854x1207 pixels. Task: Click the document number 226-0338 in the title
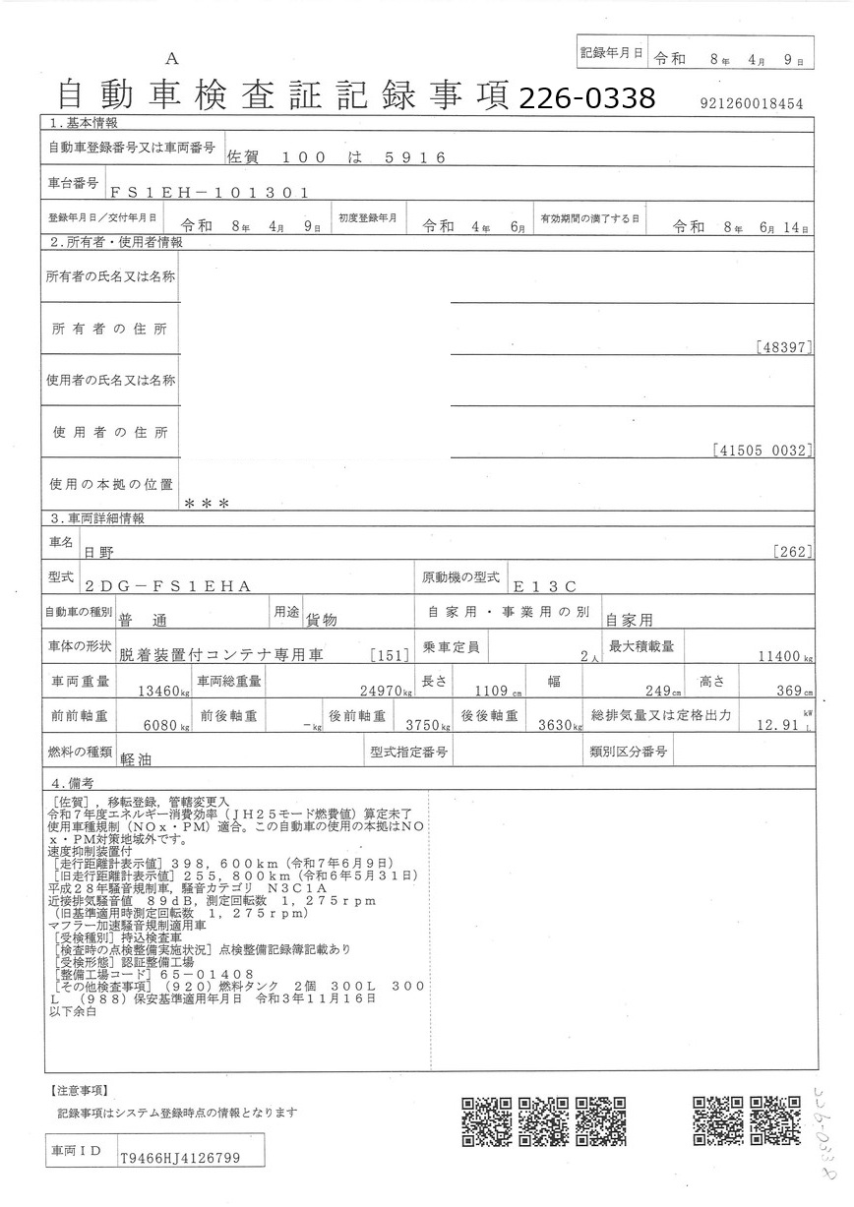pyautogui.click(x=585, y=97)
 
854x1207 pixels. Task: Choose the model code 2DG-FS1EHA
pyautogui.click(x=168, y=586)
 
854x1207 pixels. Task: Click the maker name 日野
pyautogui.click(x=98, y=554)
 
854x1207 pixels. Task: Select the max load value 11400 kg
pyautogui.click(x=781, y=657)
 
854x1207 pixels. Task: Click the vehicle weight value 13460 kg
pyautogui.click(x=156, y=691)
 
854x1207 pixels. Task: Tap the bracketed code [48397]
pyautogui.click(x=785, y=347)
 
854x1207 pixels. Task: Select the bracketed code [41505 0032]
pyautogui.click(x=762, y=451)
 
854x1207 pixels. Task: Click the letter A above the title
pyautogui.click(x=172, y=59)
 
